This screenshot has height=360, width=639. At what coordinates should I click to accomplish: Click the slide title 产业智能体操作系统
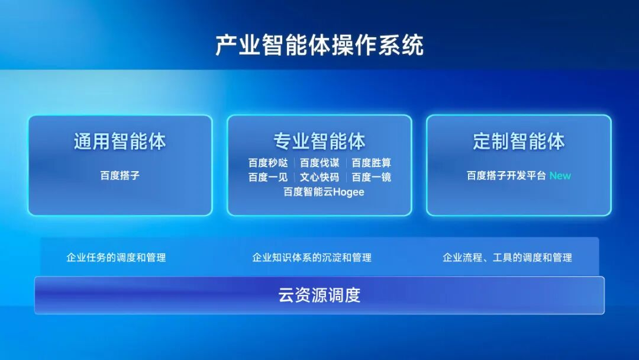[319, 45]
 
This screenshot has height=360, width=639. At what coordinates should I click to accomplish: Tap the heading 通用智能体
[120, 142]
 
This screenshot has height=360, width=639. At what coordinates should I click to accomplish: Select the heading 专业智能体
[319, 142]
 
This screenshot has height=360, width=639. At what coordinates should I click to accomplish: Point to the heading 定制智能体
[519, 142]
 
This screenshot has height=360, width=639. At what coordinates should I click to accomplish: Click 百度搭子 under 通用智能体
[120, 175]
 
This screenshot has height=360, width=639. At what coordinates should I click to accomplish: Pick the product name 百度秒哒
[268, 163]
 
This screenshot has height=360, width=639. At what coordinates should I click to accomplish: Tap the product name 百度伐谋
[319, 163]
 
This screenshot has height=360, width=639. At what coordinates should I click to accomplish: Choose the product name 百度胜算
[371, 163]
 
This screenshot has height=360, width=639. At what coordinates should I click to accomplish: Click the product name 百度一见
[268, 178]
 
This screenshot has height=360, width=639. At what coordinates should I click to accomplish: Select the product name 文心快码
[319, 178]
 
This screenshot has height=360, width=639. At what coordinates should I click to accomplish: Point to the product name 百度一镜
[371, 178]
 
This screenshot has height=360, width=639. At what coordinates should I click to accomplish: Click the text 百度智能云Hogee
[324, 192]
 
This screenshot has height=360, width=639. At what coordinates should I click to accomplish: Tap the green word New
[560, 176]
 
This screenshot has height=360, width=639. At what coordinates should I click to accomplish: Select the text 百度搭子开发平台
[506, 176]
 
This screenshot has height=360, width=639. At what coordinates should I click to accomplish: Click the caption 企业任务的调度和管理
[116, 258]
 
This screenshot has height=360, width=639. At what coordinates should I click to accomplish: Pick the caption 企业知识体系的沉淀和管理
[312, 258]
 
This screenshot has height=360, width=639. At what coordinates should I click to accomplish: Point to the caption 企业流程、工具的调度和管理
[508, 258]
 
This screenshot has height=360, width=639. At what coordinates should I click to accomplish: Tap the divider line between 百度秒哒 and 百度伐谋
[294, 163]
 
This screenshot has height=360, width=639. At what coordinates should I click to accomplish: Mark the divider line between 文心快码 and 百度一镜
[346, 178]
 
